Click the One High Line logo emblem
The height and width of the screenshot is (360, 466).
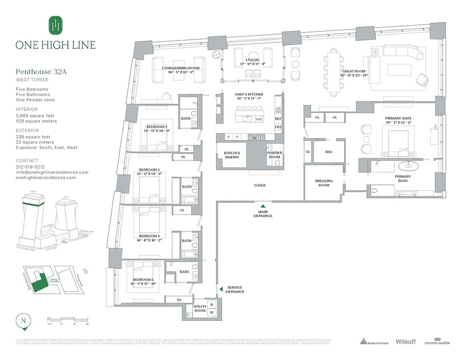click(x=55, y=25)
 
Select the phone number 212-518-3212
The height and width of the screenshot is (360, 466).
click(x=30, y=166)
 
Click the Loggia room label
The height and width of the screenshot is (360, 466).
click(x=251, y=60)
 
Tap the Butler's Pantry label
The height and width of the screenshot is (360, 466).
click(x=232, y=155)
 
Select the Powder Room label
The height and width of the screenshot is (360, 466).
click(x=275, y=155)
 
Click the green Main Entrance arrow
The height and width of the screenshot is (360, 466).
click(x=263, y=206)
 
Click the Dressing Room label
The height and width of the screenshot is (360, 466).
click(x=324, y=183)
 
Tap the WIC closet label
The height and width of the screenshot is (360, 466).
click(x=328, y=152)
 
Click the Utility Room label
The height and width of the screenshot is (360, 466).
click(x=200, y=308)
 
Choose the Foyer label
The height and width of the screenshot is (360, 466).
click(x=260, y=185)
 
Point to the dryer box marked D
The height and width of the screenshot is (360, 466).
click(x=211, y=305)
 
